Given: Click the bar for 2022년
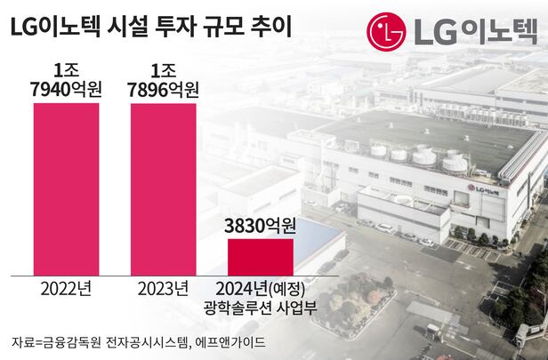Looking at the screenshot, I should [67, 188].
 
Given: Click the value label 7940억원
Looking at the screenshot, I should [67, 90].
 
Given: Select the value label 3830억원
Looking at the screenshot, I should [260, 226].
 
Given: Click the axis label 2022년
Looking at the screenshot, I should [67, 288].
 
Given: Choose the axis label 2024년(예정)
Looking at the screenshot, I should [260, 288].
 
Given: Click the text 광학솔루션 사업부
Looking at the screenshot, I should [260, 309].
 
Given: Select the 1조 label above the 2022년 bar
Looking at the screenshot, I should [67, 69].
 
